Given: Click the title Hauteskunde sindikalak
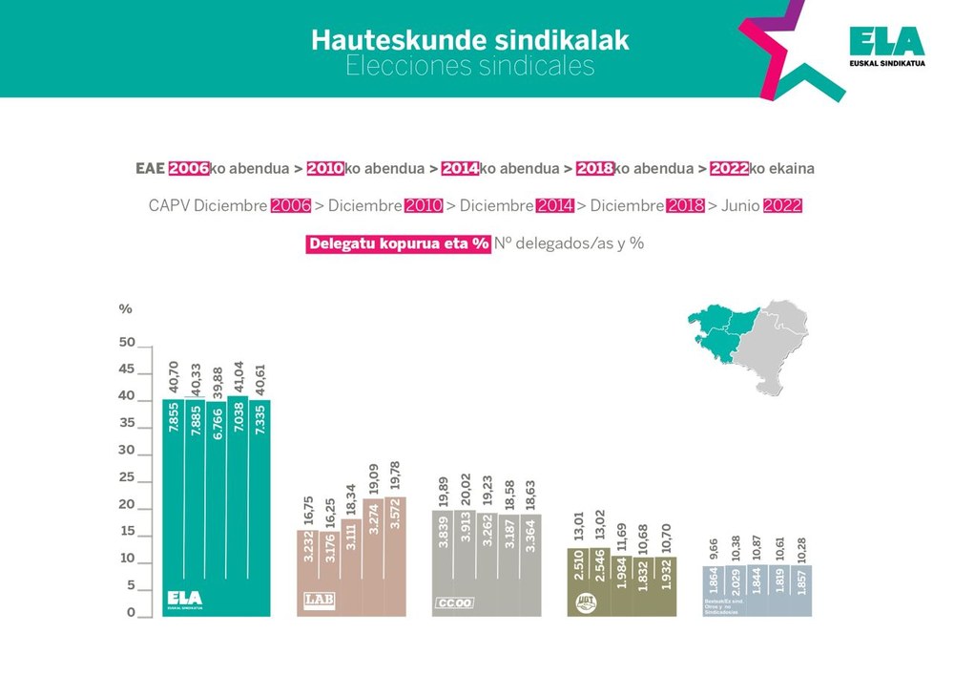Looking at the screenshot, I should (469, 40).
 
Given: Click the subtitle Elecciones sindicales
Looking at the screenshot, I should (469, 66).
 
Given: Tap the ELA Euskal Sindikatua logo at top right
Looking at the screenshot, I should (885, 45).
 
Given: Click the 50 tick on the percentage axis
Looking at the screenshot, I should (126, 342).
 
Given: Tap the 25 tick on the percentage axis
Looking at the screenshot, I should (126, 477).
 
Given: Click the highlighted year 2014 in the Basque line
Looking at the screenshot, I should (459, 168).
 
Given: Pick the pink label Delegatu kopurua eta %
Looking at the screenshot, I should (398, 243).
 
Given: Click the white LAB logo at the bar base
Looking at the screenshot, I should (317, 601).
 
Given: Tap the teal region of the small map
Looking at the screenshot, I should (722, 329).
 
